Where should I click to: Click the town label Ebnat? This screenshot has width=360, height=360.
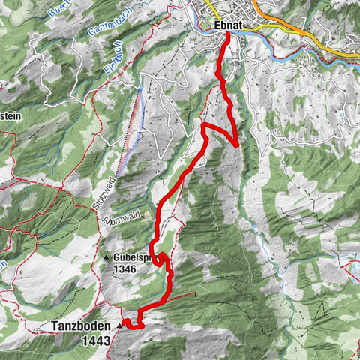click(228, 25)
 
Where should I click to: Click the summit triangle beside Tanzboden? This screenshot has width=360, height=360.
click(118, 326)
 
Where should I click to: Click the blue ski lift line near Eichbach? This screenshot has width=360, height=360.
click(133, 127)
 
